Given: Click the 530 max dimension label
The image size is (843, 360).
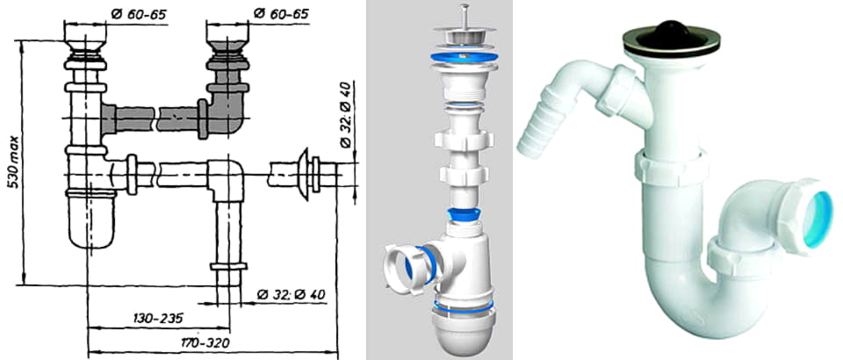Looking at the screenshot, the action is click(x=16, y=162).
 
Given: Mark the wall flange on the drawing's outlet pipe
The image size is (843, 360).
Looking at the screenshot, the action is click(x=303, y=173).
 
